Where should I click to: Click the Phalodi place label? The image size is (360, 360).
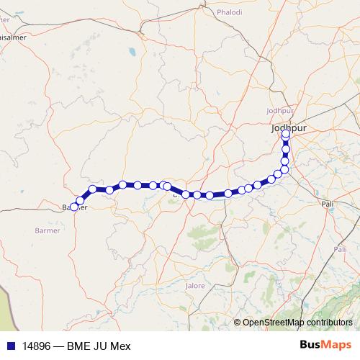[230, 12]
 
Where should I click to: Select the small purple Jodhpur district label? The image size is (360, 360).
[280, 110]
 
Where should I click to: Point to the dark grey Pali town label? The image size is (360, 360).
[328, 204]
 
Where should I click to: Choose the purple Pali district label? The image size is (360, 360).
[340, 249]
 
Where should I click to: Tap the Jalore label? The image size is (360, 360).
[195, 286]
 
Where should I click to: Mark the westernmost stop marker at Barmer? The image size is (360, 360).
[74, 207]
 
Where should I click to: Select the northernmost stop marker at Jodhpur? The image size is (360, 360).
[286, 133]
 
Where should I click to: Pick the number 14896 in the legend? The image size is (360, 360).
[36, 344]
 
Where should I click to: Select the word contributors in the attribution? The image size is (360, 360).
[329, 323]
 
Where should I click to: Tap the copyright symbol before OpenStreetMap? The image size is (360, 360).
[237, 323]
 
